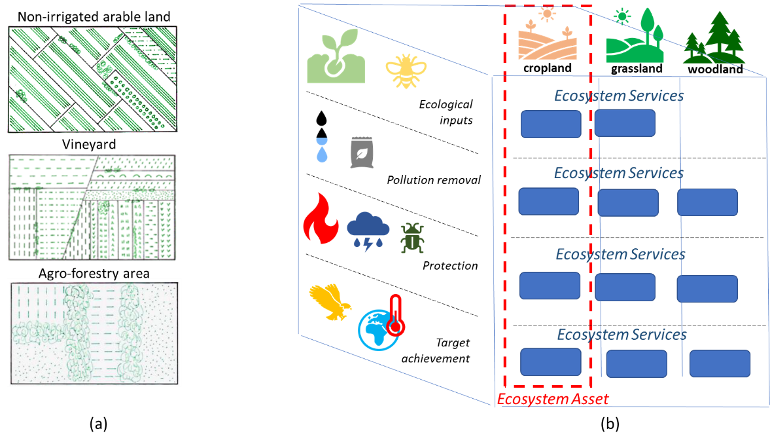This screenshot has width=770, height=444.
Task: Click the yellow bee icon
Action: (406, 71)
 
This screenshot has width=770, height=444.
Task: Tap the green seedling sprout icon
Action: (336, 56)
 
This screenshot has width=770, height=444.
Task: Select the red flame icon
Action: (321, 218)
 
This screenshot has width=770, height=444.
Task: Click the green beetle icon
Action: (413, 238)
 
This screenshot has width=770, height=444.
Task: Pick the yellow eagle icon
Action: (330, 302)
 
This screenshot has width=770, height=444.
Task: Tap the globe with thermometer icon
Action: (381, 323)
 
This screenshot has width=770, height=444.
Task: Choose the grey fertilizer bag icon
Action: (362, 153)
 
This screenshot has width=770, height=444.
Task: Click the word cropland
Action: (548, 68)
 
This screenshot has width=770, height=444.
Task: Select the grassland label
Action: (637, 68)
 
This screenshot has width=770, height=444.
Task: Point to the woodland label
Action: (716, 69)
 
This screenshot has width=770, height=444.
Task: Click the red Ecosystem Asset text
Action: (553, 399)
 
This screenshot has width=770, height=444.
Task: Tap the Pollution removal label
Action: (434, 180)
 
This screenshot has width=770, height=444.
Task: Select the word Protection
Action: (450, 265)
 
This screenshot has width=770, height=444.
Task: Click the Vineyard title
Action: (89, 145)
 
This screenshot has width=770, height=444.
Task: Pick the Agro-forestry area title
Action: (94, 273)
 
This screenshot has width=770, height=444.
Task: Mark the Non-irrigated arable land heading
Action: (94, 17)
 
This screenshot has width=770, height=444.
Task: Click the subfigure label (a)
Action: (98, 423)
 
